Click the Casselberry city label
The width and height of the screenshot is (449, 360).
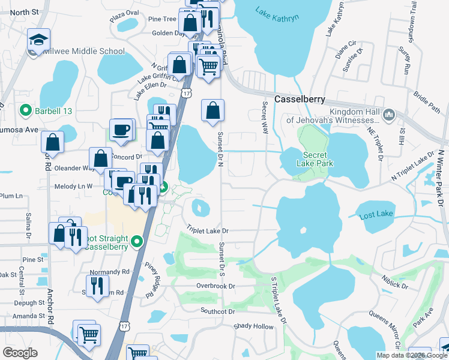[300, 98]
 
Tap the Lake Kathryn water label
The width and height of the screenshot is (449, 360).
[277, 14]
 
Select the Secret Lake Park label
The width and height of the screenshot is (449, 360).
[310, 158]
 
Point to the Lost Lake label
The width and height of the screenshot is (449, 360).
[376, 214]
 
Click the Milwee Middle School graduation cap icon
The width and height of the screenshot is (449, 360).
[38, 40]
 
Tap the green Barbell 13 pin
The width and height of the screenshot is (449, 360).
[26, 110]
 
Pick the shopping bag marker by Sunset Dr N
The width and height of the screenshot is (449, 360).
[213, 111]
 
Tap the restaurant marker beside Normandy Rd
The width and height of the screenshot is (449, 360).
[97, 286]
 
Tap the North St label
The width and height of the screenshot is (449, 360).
[24, 11]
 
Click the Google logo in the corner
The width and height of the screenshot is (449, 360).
[20, 353]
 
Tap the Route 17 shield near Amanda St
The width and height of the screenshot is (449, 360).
[125, 326]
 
